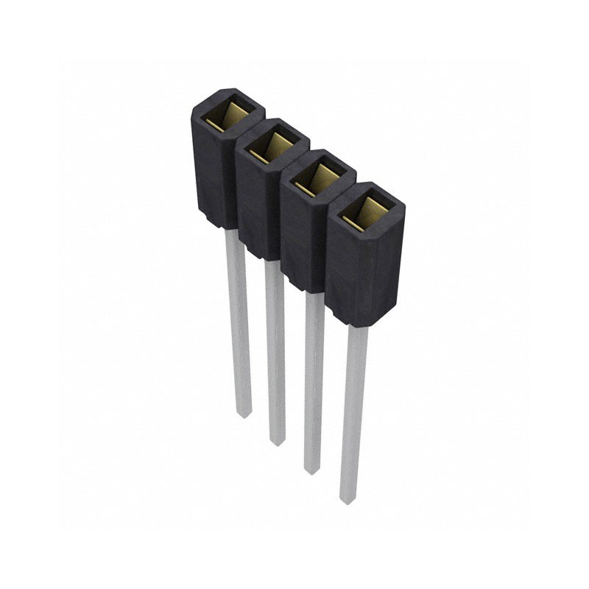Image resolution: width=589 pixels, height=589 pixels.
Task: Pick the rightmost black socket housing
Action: pos(364,272)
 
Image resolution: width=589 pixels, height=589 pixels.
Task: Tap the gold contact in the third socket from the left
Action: pos(318,177)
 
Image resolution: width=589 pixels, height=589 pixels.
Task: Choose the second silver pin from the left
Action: pos(275,353)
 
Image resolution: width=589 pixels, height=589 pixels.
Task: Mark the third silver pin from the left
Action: pos(314,383)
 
